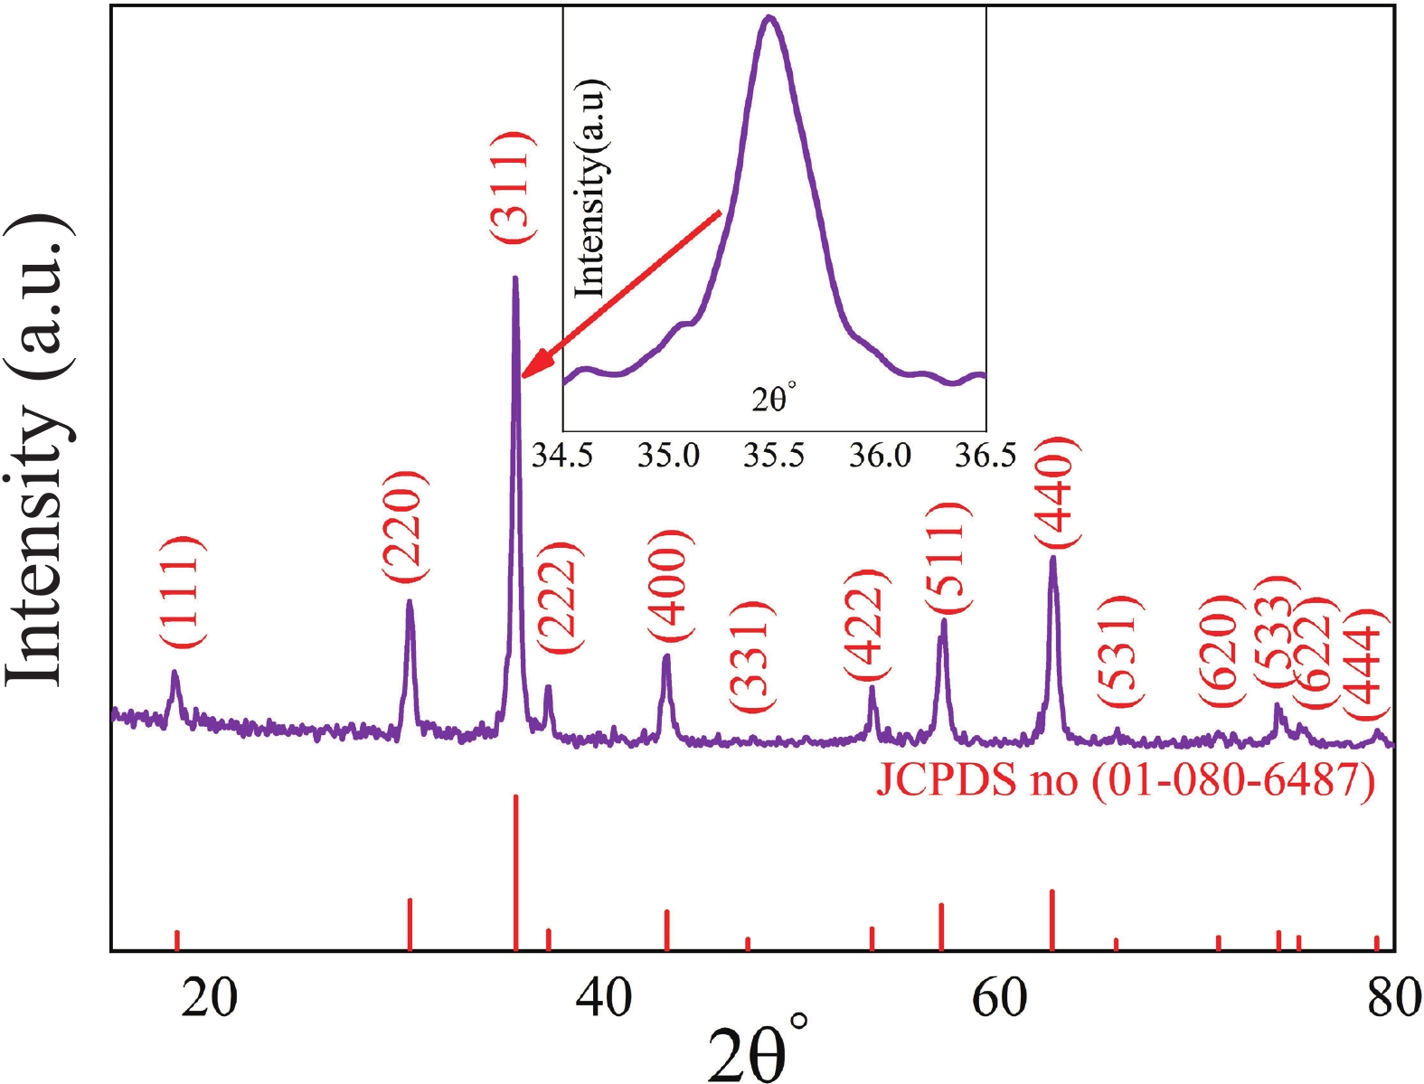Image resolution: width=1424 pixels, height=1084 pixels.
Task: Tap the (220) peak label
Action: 403,526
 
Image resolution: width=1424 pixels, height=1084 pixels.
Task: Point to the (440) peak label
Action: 1055,493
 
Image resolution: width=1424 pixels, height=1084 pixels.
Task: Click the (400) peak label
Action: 670,584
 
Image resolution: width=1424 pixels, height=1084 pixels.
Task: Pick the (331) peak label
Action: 752,656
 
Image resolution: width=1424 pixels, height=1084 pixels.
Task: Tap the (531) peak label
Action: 1121,651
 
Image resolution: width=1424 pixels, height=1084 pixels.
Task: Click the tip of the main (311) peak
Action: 514,278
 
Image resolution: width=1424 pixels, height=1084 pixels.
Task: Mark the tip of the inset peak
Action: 769,17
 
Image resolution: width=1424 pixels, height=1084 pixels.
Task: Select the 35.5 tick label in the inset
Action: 773,455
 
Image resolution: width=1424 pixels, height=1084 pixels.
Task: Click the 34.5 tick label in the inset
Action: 561,455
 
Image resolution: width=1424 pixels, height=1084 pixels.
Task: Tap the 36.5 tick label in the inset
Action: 985,455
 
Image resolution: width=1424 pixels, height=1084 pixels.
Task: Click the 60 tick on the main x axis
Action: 999,998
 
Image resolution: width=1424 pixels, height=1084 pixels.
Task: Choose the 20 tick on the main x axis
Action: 210,998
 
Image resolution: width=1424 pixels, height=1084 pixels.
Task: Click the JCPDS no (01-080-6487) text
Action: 1125,779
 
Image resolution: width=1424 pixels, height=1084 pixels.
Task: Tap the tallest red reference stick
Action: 515,872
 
